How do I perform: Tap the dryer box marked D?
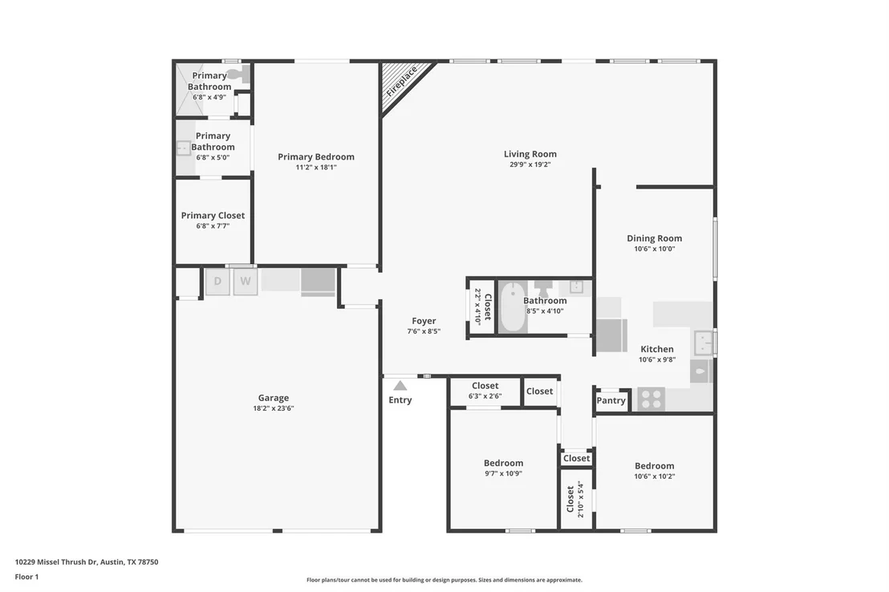(x=217, y=282)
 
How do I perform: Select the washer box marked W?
(x=246, y=282)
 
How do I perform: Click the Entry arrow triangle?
(x=400, y=386)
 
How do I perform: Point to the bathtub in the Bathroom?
(x=513, y=308)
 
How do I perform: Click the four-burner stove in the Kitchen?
(x=651, y=399)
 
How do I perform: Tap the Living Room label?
(x=530, y=154)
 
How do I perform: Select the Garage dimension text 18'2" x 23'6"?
(x=274, y=408)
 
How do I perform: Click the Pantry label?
(x=611, y=400)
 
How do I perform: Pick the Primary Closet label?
(x=213, y=216)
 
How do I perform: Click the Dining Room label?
(x=654, y=238)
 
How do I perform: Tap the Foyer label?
(x=424, y=321)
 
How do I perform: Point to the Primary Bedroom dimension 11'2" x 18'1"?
(x=316, y=168)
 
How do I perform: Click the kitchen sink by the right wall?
(x=704, y=343)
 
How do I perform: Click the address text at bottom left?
(x=87, y=562)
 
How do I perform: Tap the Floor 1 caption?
(x=26, y=577)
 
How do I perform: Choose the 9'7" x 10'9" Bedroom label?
(x=503, y=463)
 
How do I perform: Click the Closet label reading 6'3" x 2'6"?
(x=485, y=386)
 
